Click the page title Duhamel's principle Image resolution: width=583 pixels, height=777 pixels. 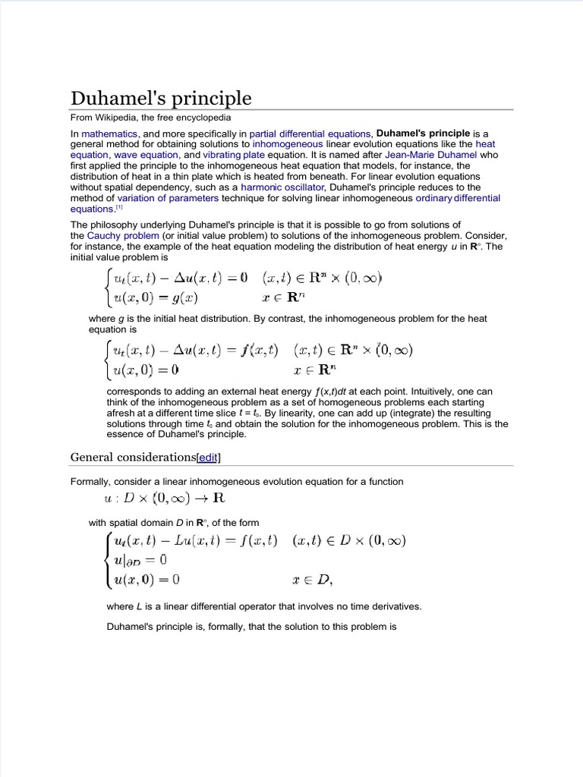pyautogui.click(x=160, y=99)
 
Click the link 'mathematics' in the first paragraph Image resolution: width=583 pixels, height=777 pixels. pyautogui.click(x=109, y=133)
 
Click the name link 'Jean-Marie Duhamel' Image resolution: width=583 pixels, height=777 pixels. pyautogui.click(x=430, y=154)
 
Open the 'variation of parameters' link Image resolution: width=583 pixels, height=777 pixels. pyautogui.click(x=168, y=198)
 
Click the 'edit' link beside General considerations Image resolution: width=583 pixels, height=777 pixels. pyautogui.click(x=209, y=457)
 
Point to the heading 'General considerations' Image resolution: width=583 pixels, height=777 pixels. pyautogui.click(x=132, y=457)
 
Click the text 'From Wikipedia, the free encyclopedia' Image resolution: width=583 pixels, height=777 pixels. pyautogui.click(x=151, y=118)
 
